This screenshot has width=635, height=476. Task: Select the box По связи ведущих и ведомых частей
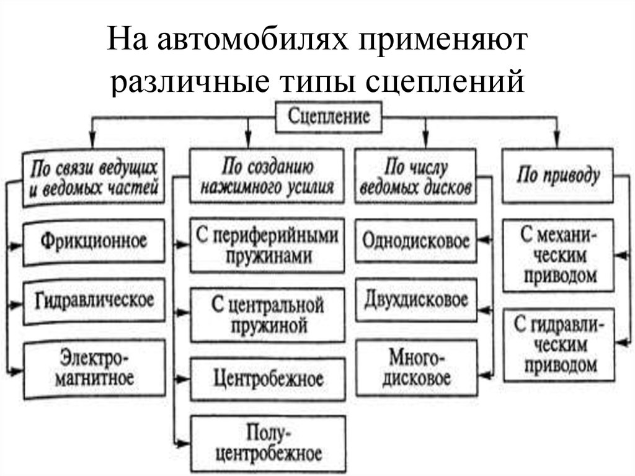pos(94,177)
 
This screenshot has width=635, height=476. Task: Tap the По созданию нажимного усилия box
pos(267,176)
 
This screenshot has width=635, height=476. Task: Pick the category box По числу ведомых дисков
pos(415,176)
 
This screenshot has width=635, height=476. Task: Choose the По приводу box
pos(558,176)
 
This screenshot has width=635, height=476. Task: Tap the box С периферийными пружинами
pos(267,245)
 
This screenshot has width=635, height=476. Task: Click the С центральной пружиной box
pos(267,315)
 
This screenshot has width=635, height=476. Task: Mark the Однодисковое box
pos(417,241)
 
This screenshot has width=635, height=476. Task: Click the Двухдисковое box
pos(417,300)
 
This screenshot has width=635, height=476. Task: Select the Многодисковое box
pos(417,368)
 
